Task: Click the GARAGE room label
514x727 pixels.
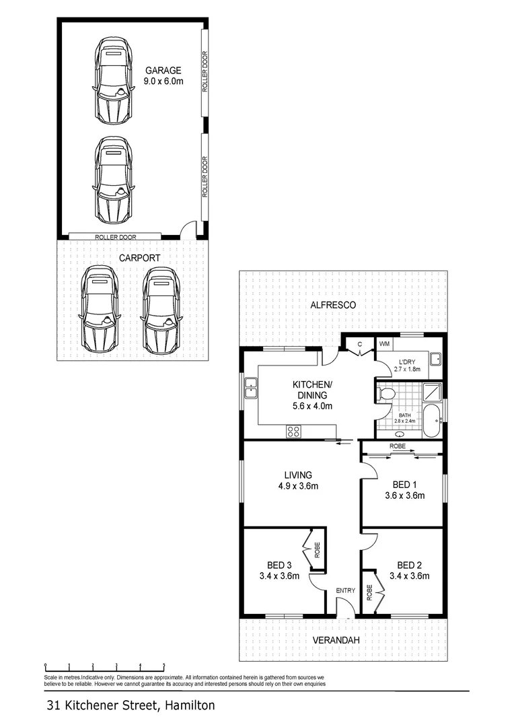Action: [x=163, y=70]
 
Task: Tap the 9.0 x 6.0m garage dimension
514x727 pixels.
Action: [x=163, y=81]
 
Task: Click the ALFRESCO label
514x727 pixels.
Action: [x=332, y=305]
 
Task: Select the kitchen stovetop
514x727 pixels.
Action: [x=294, y=430]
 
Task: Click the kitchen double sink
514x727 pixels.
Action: [x=252, y=388]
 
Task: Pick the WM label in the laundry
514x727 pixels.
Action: [x=384, y=344]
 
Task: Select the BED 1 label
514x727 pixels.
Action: [x=406, y=485]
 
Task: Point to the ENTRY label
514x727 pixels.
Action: [x=345, y=590]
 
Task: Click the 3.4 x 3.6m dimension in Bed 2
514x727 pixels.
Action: [x=409, y=576]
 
